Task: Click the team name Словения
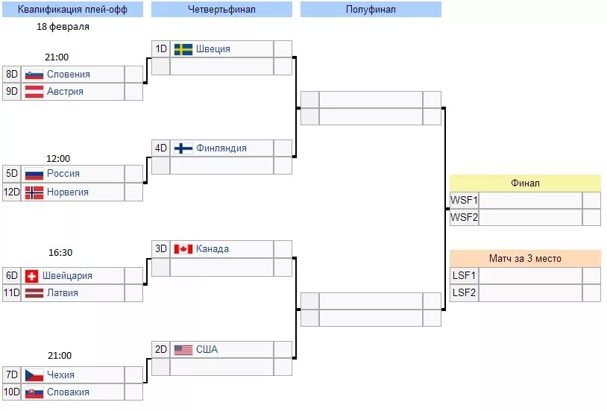[68, 74]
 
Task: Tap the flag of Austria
[34, 92]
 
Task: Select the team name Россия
[63, 173]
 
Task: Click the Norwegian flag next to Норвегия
[34, 192]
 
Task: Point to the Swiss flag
[31, 275]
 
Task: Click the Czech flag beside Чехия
[34, 374]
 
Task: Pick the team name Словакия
[68, 392]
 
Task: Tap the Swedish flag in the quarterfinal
[183, 49]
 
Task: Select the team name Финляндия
[221, 148]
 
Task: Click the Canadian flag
[183, 249]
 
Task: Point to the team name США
[207, 349]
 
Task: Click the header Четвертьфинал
[221, 9]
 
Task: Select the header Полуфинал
[371, 9]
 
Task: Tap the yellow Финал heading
[525, 183]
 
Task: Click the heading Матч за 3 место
[525, 258]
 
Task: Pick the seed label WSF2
[464, 218]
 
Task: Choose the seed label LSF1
[464, 275]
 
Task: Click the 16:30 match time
[58, 253]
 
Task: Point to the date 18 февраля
[63, 27]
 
